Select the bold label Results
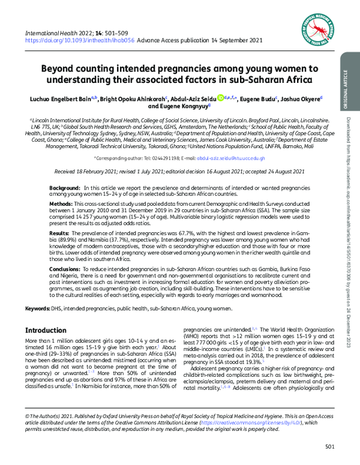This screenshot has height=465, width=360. [61, 232]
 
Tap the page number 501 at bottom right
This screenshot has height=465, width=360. [329, 446]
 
